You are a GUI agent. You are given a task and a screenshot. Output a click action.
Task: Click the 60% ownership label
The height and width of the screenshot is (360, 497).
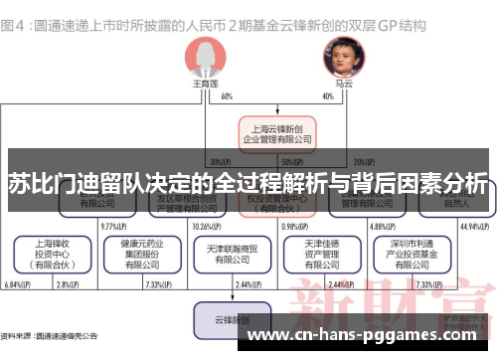click(x=227, y=95)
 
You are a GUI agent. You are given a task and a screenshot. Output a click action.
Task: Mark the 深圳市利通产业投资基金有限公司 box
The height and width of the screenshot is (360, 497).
click(x=408, y=254)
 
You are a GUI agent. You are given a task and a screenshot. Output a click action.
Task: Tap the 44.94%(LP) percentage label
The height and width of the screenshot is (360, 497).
click(x=470, y=226)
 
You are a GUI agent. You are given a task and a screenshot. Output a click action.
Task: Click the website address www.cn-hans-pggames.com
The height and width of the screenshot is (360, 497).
click(x=363, y=337)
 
